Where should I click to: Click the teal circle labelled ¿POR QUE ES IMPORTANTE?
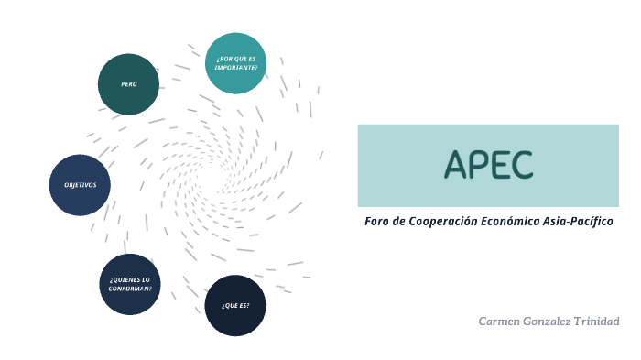236,63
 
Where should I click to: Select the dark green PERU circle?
128,84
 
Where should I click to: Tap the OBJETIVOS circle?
80,185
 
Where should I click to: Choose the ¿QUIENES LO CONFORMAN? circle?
130,284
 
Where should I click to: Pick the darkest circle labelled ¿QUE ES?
235,305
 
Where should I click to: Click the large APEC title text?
488,164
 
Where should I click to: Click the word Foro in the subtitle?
376,222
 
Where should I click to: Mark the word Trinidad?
599,322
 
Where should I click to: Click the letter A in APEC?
455,164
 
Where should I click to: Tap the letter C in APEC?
522,164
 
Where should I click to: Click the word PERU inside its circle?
128,84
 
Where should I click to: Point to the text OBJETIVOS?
80,185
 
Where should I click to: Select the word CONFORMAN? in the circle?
130,289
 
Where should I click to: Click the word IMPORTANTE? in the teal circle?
236,68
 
